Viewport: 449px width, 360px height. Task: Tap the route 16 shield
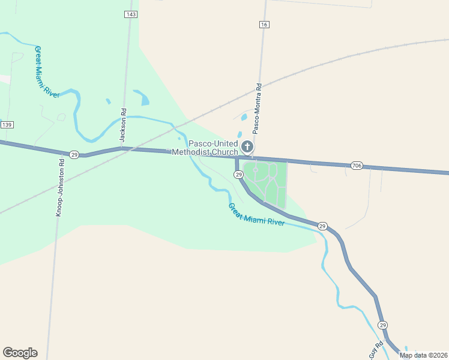pos(265,25)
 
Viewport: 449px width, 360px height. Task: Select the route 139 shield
pos(7,124)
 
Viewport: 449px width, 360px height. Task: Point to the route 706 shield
pos(357,165)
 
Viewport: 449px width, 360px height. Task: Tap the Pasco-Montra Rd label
pos(258,107)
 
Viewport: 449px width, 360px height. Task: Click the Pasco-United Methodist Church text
pos(205,148)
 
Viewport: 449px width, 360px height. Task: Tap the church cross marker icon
pos(247,146)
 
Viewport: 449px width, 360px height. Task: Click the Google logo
pos(20,353)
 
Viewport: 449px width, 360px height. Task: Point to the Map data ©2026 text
pos(424,355)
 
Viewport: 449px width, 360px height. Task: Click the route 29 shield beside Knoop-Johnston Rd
pos(74,155)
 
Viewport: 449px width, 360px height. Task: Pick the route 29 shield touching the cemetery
pos(238,174)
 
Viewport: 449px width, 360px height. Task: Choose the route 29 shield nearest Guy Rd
pos(383,325)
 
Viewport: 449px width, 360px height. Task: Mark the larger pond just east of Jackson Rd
pos(142,97)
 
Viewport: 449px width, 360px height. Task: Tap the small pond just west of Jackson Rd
pos(108,101)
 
